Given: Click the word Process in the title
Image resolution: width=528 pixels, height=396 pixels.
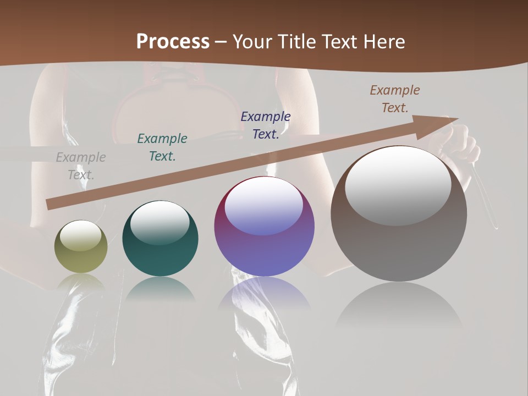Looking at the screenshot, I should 173,42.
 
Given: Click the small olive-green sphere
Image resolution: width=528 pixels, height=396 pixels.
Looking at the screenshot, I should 81,247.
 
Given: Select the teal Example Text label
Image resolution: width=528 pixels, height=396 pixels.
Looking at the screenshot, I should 162,147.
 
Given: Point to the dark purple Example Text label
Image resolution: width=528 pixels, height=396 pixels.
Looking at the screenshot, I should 266,125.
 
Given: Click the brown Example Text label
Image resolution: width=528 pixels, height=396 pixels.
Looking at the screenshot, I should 395,99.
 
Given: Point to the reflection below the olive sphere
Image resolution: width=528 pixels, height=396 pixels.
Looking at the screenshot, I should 81,283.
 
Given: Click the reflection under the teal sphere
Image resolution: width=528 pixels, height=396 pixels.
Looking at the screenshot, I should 160,289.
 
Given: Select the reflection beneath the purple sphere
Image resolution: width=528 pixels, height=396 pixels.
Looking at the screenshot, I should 264,294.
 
